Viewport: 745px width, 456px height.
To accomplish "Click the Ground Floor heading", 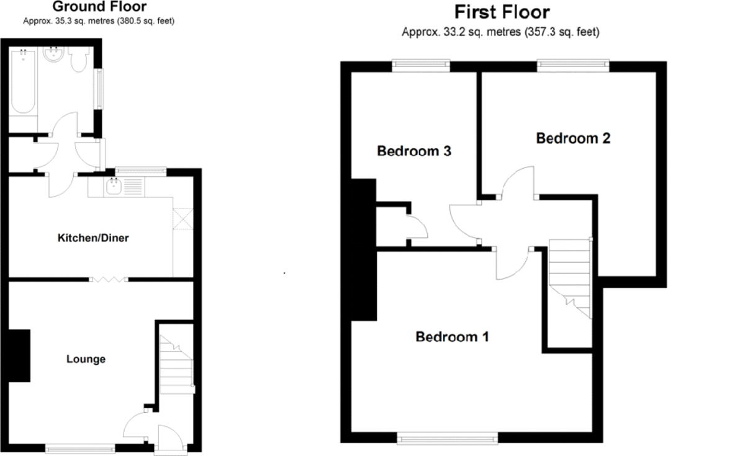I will coord(99,7).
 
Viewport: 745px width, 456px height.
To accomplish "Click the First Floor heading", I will coord(502,12).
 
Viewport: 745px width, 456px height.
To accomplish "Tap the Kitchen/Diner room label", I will coord(93,238).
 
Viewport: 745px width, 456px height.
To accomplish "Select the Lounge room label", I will coord(86,359).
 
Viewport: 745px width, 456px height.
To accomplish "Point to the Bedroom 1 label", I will coord(452,337).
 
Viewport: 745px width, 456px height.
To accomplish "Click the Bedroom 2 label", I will coord(573,138).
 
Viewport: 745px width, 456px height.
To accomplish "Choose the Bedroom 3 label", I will coord(413,151).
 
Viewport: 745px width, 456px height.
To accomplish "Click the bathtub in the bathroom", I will coord(24,83).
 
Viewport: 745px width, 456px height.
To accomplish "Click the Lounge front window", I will coord(79,445).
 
